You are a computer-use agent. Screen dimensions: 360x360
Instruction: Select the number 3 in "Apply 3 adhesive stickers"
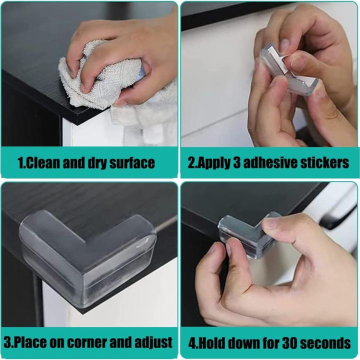(236, 163)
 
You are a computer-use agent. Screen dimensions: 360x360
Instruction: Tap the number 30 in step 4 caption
(289, 343)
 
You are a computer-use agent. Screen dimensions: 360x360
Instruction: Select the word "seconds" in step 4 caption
(325, 343)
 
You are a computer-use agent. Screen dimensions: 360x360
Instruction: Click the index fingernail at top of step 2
(285, 43)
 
